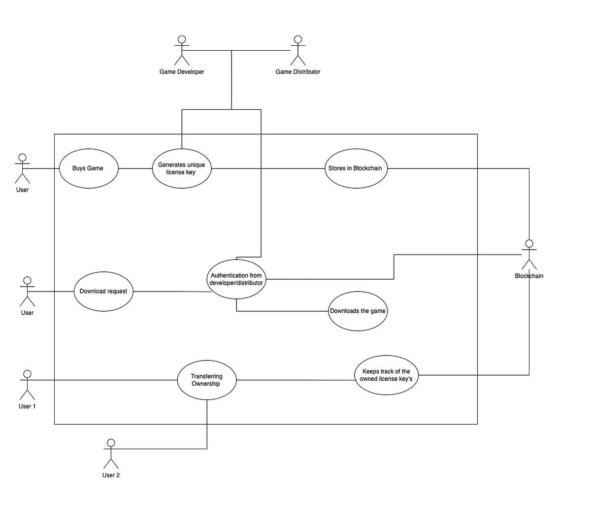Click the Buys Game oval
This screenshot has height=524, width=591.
[x=88, y=168]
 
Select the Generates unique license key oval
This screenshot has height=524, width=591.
[x=182, y=168]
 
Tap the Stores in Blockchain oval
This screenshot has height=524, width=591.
[x=356, y=168]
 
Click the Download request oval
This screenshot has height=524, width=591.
[x=103, y=291]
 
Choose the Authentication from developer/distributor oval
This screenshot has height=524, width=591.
[x=236, y=279]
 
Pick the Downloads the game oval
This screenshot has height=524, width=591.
[x=358, y=311]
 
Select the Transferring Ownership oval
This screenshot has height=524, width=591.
[x=207, y=380]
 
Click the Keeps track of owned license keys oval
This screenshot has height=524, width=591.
[x=386, y=375]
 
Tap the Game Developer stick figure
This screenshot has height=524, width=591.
[x=182, y=50]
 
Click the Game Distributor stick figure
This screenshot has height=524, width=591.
[x=297, y=50]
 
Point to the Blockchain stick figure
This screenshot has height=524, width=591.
[x=529, y=255]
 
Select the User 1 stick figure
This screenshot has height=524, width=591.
[x=27, y=385]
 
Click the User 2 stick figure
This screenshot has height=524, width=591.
[x=111, y=454]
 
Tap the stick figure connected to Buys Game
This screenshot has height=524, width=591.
[x=22, y=168]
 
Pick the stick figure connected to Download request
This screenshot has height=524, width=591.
[x=27, y=292]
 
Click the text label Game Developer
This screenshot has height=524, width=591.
[x=182, y=72]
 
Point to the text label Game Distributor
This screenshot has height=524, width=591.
[x=297, y=72]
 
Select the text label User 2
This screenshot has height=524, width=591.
[x=111, y=475]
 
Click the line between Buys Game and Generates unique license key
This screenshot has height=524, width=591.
[x=135, y=168]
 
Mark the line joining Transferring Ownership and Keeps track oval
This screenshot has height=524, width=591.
[x=295, y=380]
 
